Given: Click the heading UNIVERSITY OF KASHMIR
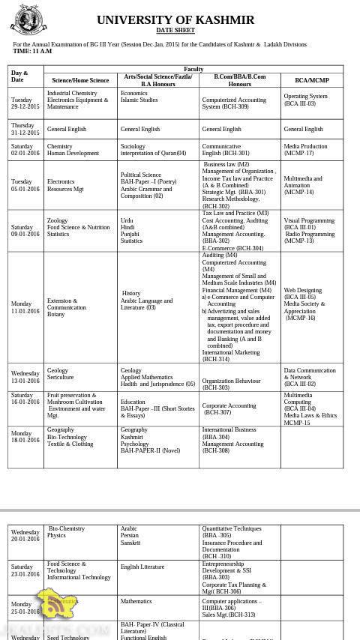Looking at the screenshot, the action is [x=175, y=19].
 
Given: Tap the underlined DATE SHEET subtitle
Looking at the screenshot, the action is [x=175, y=31].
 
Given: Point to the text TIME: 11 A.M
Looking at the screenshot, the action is [x=32, y=51].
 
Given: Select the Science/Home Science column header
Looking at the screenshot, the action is [x=80, y=80].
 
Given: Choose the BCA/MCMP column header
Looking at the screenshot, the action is [x=312, y=80].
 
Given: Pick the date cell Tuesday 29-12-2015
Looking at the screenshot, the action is [x=25, y=103].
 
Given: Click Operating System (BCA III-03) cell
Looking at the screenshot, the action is [x=305, y=100].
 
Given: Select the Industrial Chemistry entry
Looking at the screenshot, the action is [x=72, y=94].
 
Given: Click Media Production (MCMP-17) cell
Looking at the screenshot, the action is [x=305, y=150].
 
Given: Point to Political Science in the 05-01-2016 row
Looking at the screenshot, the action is [x=141, y=175].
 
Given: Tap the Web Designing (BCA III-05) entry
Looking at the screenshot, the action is [x=303, y=294].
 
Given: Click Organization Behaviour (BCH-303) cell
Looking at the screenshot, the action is [x=231, y=384].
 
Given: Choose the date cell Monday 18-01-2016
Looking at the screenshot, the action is [x=25, y=437].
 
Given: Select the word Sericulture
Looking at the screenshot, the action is [x=61, y=377].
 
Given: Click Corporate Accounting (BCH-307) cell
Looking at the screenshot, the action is [x=229, y=408].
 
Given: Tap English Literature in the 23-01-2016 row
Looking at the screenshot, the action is [x=142, y=567].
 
